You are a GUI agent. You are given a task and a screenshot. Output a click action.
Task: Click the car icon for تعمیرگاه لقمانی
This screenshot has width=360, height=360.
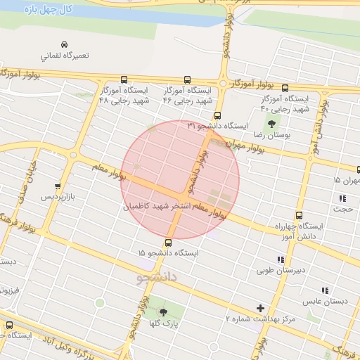[x=64, y=43]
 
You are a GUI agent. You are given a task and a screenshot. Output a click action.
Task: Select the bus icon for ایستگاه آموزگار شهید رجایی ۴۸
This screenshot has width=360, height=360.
[x=124, y=79]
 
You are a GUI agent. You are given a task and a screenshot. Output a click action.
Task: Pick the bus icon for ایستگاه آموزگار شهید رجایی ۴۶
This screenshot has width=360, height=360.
[x=187, y=79]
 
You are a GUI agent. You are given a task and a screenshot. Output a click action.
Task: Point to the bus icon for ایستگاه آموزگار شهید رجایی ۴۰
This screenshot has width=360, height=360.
[x=285, y=89]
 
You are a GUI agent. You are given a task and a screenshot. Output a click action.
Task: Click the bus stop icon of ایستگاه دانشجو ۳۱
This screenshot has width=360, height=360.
[x=217, y=116]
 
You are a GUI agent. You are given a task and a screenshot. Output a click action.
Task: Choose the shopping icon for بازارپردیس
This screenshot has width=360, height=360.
[x=58, y=186]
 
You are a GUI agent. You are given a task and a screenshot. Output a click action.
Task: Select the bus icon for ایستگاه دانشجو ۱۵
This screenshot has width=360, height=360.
[x=167, y=243]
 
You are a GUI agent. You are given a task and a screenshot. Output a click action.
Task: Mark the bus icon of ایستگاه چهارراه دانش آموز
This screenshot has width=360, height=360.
[x=300, y=216]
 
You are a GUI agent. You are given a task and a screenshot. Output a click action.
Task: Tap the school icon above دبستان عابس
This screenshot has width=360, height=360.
[x=325, y=290]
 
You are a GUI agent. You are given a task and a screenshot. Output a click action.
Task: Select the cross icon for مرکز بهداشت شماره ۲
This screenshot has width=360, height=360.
[x=261, y=308]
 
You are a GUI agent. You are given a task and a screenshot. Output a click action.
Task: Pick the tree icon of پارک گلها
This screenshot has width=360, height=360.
[x=164, y=312]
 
